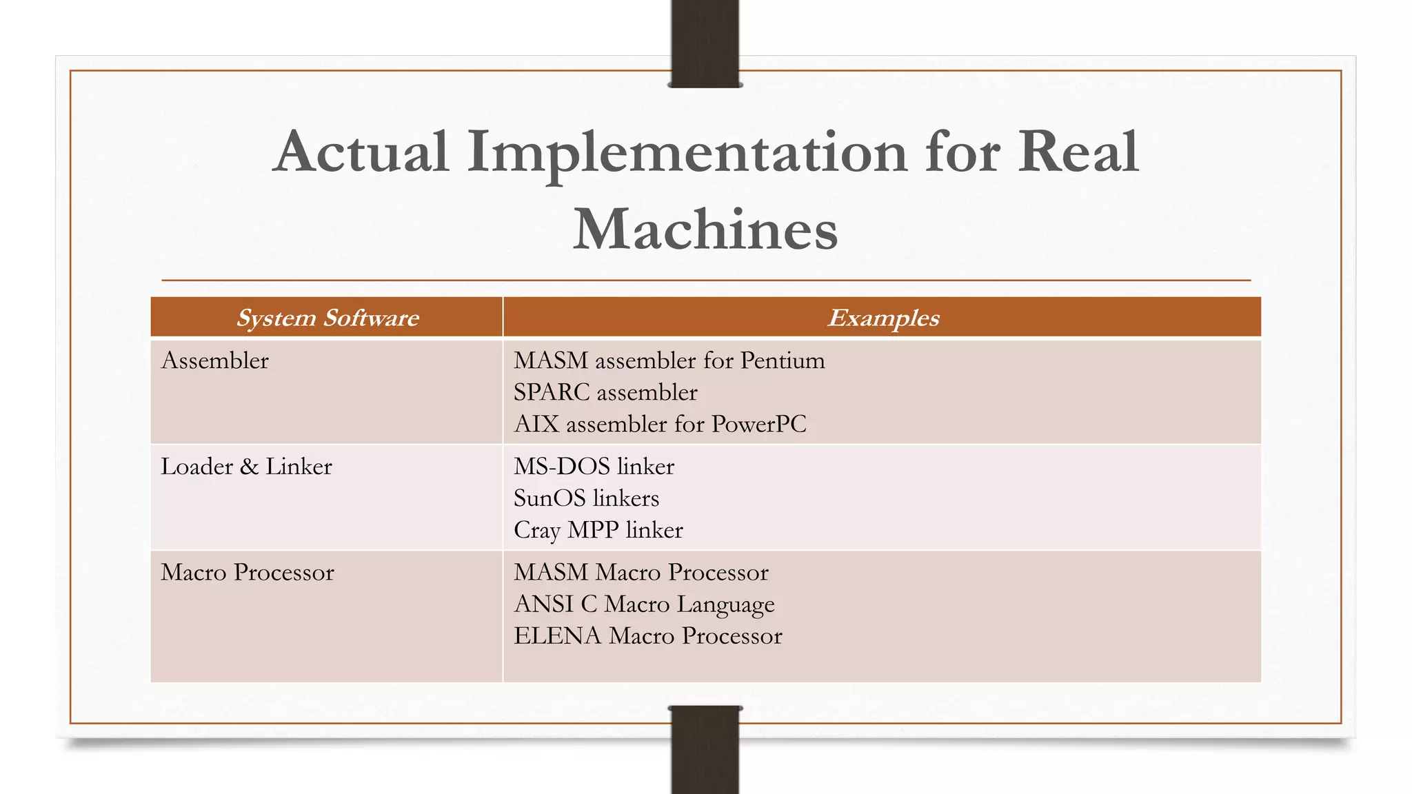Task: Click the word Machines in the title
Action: (x=705, y=230)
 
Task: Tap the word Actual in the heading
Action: (x=361, y=152)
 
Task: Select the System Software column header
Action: (x=327, y=318)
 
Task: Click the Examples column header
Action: (x=883, y=318)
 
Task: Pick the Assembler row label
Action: (x=215, y=360)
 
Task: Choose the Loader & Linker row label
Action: (x=246, y=467)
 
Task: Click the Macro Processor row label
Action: (x=248, y=572)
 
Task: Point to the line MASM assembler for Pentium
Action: (x=669, y=360)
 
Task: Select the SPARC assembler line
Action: (x=605, y=392)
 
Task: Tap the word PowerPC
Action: (x=758, y=424)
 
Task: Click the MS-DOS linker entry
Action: (x=594, y=467)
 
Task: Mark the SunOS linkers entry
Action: (x=586, y=498)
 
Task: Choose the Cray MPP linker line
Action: (x=598, y=530)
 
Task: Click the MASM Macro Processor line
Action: (x=641, y=572)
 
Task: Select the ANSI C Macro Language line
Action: (x=644, y=604)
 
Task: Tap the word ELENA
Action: (x=557, y=635)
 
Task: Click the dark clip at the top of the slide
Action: (x=705, y=43)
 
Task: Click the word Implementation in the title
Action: (x=687, y=153)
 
